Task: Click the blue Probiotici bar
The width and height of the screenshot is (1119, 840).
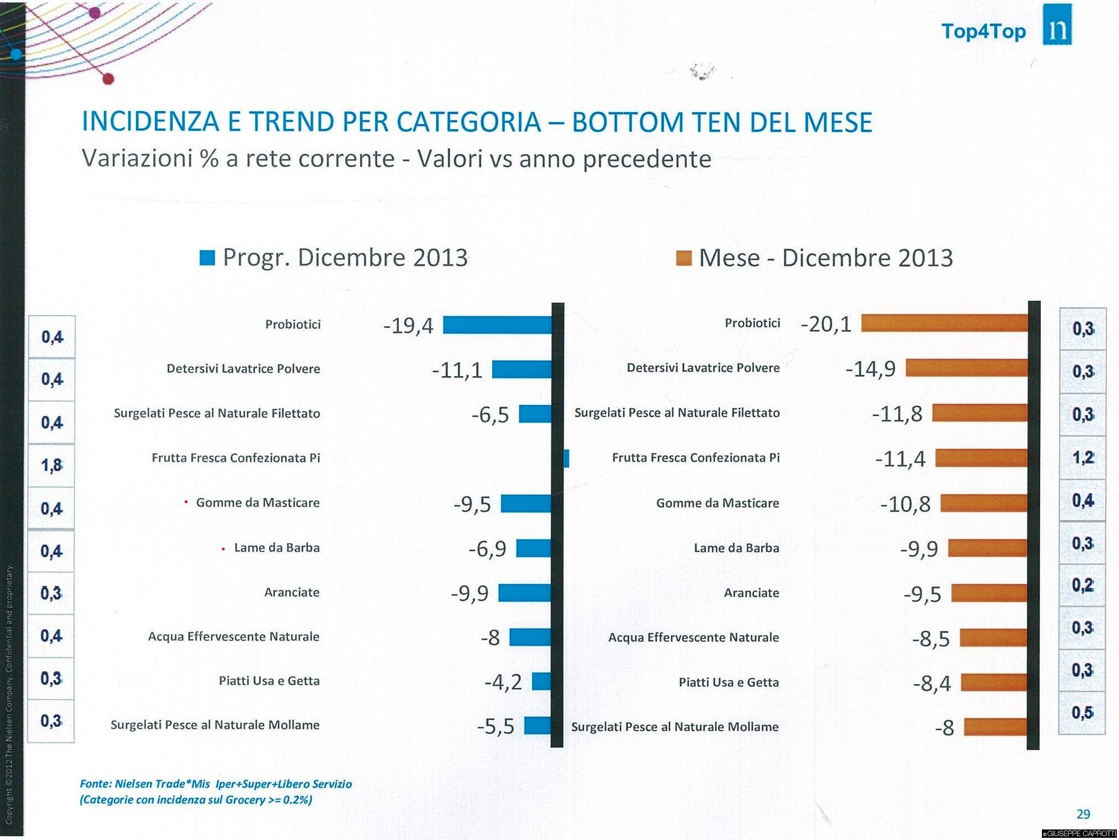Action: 497,325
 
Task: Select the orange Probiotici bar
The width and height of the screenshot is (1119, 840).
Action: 944,323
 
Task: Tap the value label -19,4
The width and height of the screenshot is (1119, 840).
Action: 408,326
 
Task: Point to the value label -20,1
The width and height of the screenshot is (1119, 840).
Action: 826,324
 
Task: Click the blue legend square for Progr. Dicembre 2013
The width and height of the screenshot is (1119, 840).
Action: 207,258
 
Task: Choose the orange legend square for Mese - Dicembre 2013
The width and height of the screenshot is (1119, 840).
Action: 684,258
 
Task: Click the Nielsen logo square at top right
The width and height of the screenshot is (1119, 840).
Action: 1057,25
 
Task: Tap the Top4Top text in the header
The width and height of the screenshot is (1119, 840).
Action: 984,31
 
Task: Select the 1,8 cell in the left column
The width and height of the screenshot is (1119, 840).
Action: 52,465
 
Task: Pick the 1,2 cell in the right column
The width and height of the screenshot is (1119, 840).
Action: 1082,458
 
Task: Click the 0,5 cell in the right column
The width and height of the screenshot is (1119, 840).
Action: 1082,712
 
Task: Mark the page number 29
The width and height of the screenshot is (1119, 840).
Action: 1083,814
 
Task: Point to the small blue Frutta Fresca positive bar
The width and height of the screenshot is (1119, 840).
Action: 566,458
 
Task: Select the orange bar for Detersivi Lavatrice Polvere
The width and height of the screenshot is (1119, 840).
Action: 966,368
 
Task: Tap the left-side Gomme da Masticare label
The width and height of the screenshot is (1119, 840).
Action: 257,503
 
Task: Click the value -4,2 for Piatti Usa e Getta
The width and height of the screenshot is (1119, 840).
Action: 503,682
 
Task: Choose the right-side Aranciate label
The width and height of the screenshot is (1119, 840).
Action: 751,593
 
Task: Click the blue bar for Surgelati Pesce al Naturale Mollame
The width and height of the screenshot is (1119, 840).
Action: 538,726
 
